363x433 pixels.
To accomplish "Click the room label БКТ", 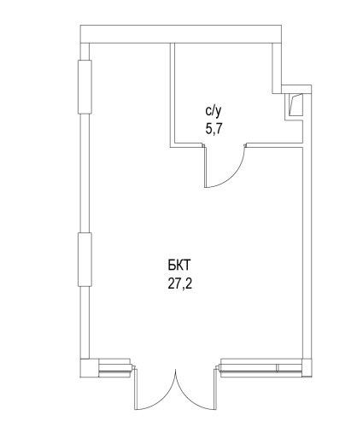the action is [179, 266].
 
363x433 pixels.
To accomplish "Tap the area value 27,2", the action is [179, 284].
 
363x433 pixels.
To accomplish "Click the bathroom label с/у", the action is [213, 112].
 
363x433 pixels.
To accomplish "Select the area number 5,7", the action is [214, 130].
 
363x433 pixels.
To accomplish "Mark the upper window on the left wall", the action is [85, 87].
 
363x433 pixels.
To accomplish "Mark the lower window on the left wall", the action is [85, 260].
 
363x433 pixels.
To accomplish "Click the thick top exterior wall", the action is [181, 34].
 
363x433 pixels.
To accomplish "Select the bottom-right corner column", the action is [307, 368].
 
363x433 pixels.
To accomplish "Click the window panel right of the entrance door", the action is [261, 368].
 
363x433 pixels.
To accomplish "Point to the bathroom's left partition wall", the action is [173, 95].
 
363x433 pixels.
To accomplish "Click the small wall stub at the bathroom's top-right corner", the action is [277, 68].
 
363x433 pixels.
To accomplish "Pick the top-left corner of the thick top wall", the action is [80, 26].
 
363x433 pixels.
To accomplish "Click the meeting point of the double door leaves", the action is [176, 370].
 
